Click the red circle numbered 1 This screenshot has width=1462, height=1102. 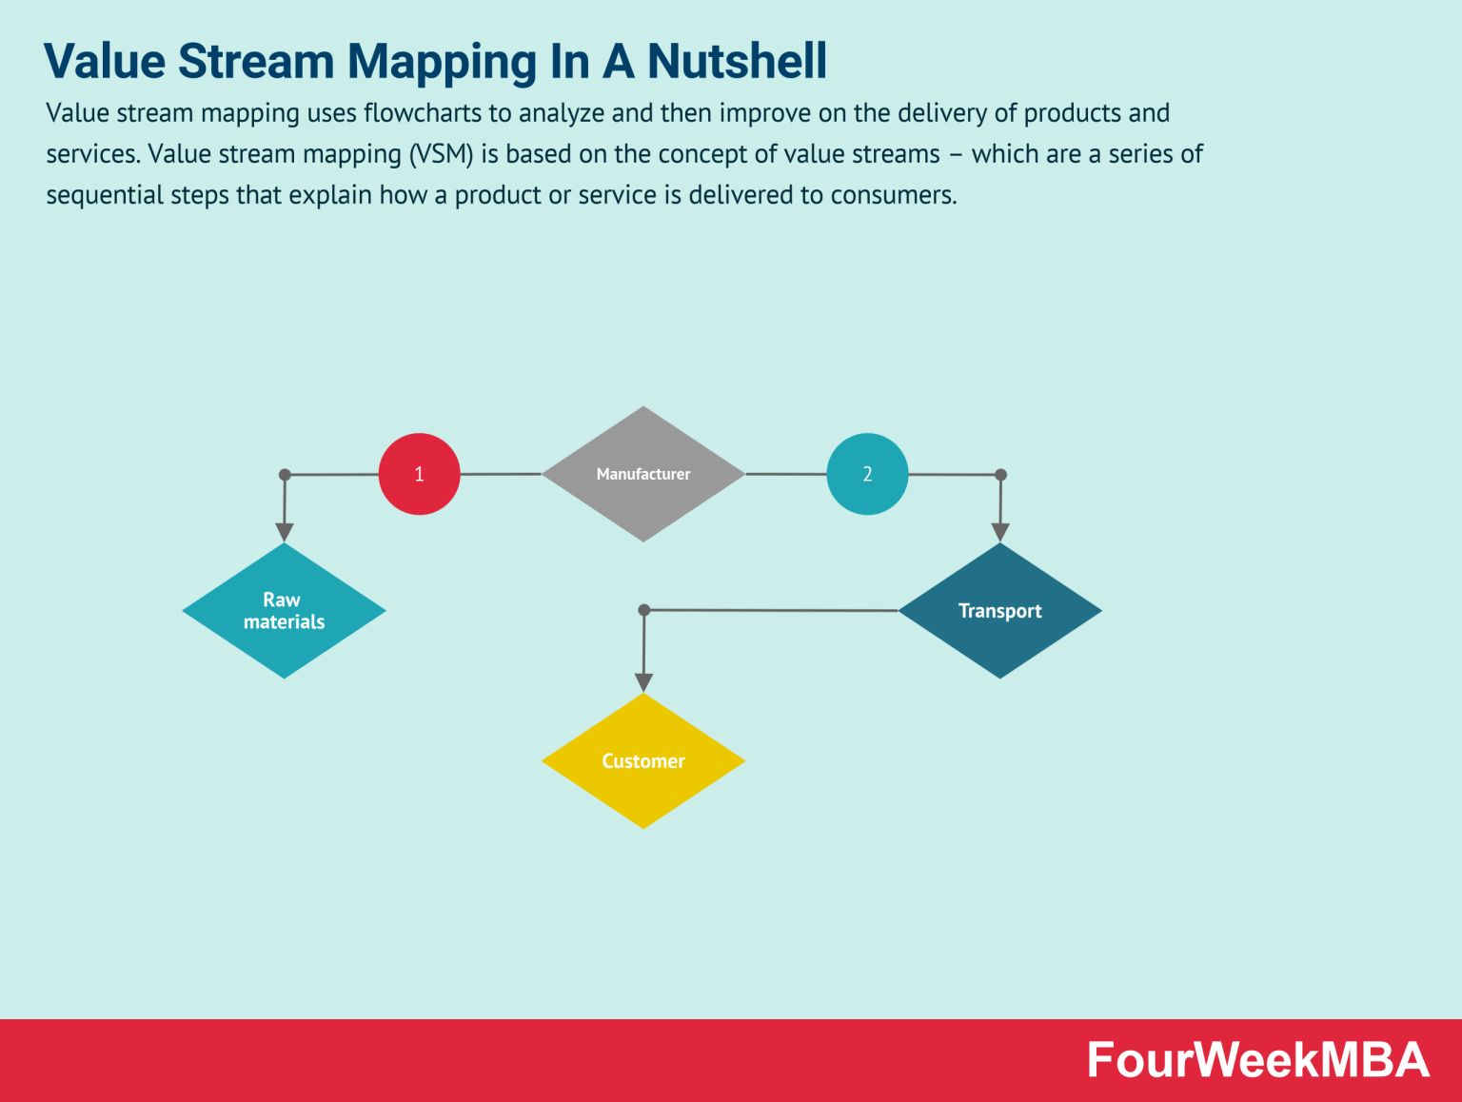(x=419, y=474)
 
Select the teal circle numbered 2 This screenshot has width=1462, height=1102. (x=867, y=474)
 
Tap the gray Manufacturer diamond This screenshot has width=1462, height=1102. (x=643, y=474)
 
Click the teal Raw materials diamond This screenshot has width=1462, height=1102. (x=284, y=611)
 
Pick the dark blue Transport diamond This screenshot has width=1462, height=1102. (x=999, y=611)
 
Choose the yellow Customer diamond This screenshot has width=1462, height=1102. (x=643, y=761)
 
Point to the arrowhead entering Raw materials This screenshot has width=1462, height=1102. (x=284, y=532)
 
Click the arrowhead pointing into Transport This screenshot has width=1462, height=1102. (x=999, y=532)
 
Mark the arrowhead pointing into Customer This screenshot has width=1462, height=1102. (x=643, y=682)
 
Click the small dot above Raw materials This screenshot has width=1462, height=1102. (x=285, y=474)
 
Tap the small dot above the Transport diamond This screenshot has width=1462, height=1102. (x=1000, y=474)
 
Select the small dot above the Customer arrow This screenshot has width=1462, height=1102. (x=644, y=609)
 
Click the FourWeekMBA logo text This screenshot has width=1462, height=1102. (x=1257, y=1060)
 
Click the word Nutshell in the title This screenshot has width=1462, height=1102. (x=737, y=61)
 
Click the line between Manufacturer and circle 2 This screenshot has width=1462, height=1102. (x=785, y=474)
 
